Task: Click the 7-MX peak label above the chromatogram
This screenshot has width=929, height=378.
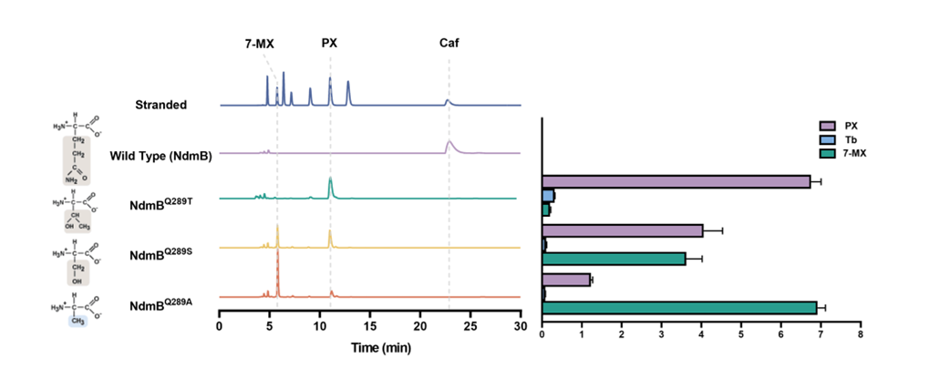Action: click(260, 42)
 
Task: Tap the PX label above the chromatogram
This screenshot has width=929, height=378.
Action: click(330, 42)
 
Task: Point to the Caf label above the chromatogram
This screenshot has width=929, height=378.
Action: click(449, 42)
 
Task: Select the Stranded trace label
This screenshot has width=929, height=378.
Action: click(160, 105)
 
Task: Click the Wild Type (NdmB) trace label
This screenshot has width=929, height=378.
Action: click(160, 156)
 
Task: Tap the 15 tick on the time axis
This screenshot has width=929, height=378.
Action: click(369, 325)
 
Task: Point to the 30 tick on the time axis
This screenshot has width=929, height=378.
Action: click(520, 325)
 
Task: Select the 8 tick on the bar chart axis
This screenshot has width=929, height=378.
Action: click(860, 334)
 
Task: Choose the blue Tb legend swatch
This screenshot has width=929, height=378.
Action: click(827, 138)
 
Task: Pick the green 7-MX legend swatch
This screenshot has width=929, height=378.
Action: click(827, 150)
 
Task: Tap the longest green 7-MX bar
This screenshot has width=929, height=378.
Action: click(679, 308)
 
